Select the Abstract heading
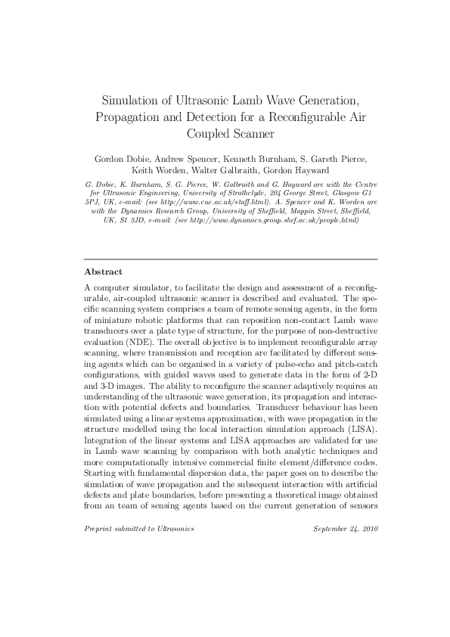(104, 271)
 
